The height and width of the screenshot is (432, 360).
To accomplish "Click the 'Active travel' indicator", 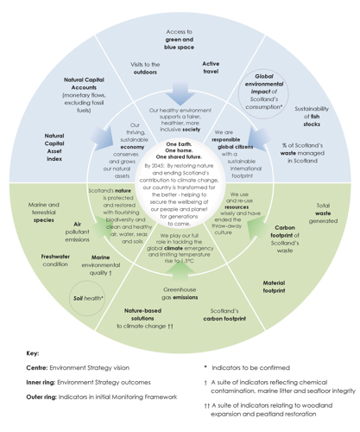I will point(211,68).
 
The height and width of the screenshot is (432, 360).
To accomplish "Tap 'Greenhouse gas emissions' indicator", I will point(180,294).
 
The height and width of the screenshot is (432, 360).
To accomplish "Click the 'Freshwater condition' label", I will point(54,261).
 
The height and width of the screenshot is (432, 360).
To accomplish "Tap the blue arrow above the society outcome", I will point(180,92).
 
